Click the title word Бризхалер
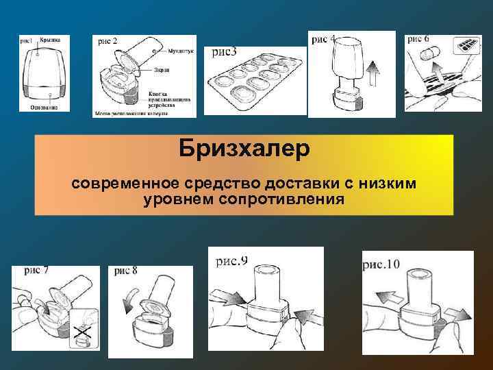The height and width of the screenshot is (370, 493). coord(244,149)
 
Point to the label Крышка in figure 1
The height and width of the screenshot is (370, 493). coord(50,40)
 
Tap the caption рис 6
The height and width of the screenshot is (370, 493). coord(418,39)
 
